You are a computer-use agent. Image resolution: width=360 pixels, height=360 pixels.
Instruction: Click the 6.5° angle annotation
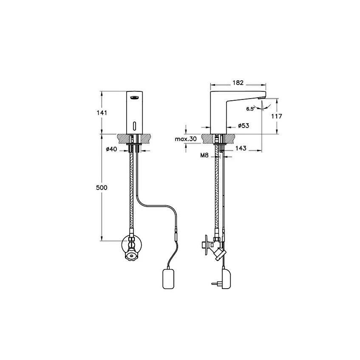pyautogui.click(x=250, y=109)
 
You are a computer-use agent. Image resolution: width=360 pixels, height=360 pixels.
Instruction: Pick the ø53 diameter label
pyautogui.click(x=243, y=126)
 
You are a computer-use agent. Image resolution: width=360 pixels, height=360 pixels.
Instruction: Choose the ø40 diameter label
pyautogui.click(x=111, y=149)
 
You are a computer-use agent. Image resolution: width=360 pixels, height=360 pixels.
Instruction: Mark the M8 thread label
pyautogui.click(x=204, y=156)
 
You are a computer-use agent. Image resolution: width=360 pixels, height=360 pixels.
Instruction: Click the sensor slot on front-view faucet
pyautogui.click(x=135, y=126)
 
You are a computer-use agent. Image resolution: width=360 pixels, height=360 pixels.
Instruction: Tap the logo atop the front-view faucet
pyautogui.click(x=135, y=98)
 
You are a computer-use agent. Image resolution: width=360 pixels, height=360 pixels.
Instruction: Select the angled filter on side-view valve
pyautogui.click(x=218, y=254)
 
